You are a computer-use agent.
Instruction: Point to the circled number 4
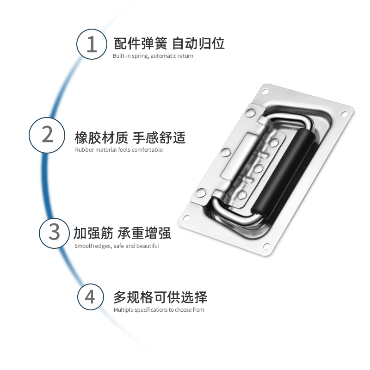pos(90,296)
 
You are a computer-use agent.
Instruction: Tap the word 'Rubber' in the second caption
pos(84,150)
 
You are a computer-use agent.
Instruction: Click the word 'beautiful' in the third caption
pos(147,246)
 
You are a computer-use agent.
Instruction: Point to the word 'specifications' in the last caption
pos(151,310)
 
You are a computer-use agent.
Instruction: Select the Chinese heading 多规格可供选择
pos(160,296)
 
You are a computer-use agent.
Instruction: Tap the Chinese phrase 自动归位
pos(198,44)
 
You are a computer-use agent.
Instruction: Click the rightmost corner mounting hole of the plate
pos(345,114)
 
